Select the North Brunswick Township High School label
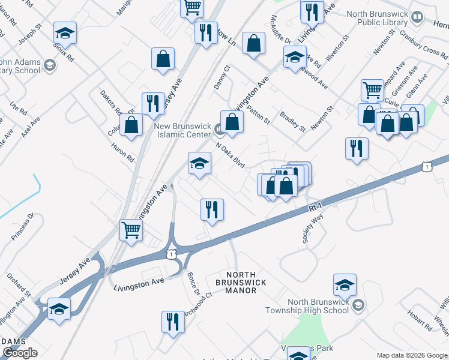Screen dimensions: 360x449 tap(309, 306)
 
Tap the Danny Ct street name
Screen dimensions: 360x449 tap(222, 77)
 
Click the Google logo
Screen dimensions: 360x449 tap(20, 353)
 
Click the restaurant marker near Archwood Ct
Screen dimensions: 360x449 tap(173, 322)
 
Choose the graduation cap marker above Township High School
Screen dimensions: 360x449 tap(345, 285)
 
